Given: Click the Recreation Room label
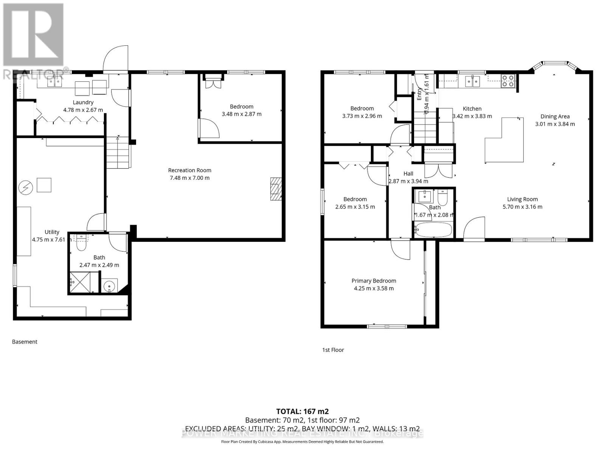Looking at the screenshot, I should click(189, 170).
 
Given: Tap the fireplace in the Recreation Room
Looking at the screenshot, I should click(276, 188).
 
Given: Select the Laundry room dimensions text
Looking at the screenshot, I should click(83, 110).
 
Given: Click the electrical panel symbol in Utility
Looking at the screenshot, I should click(27, 187).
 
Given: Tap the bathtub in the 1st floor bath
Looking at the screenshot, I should click(433, 229).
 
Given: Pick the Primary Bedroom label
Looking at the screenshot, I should click(374, 281).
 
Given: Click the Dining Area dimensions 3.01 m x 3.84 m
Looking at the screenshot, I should click(555, 124).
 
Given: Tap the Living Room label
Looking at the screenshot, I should click(522, 199).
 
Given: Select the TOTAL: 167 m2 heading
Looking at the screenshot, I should click(302, 411).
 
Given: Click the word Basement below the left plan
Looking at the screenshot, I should click(25, 342).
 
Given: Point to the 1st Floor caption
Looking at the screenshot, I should click(333, 350).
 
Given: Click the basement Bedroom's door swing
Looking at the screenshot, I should click(209, 129).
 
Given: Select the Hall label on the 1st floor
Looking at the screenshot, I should click(408, 174).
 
